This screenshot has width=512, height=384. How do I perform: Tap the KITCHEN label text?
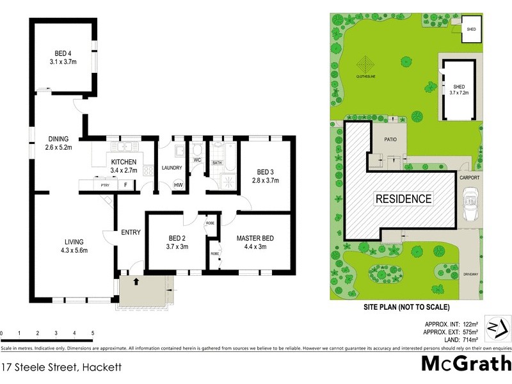(123, 162)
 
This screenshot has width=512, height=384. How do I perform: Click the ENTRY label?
(131, 232)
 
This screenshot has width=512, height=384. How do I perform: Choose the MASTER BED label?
(255, 239)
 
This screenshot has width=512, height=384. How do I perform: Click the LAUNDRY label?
(172, 168)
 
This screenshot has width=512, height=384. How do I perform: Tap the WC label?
(198, 159)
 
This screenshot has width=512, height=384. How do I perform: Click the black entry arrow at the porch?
(136, 280)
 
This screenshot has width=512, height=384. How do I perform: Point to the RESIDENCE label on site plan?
(403, 198)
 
